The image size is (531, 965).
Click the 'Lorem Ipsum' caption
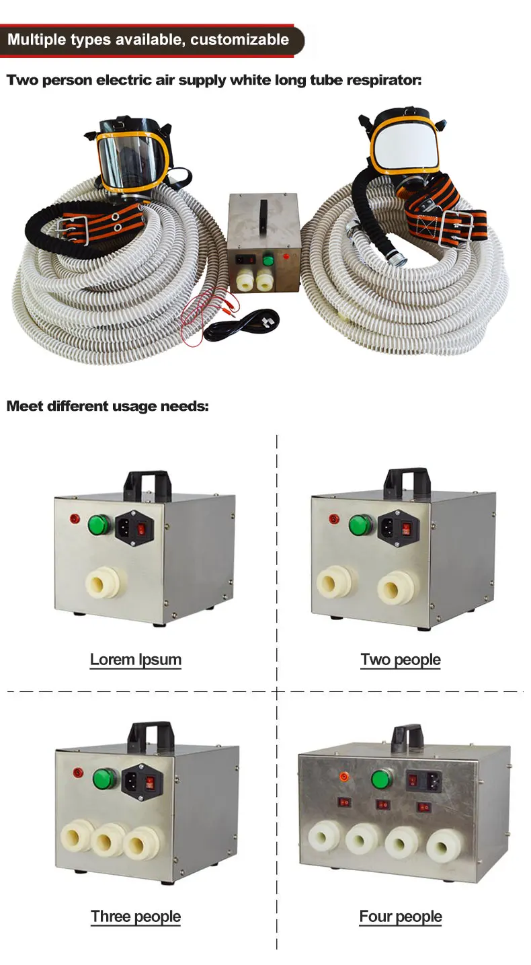(136, 659)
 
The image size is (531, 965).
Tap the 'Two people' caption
(401, 659)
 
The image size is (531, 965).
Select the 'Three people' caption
(136, 916)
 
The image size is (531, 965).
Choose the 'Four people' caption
(401, 916)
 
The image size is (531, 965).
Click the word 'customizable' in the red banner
(239, 39)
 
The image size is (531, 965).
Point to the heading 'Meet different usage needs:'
(108, 406)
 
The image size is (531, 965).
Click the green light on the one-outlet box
(99, 523)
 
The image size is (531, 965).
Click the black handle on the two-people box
(405, 479)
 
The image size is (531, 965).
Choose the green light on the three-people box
(105, 779)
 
